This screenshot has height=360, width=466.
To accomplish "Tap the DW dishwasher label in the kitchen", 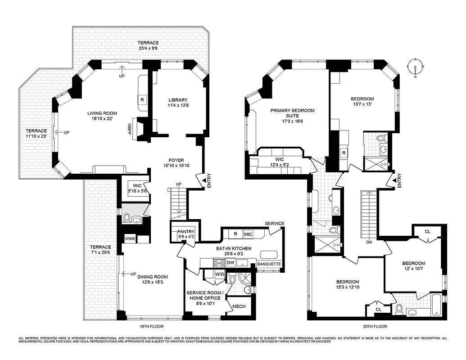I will (x=230, y=262).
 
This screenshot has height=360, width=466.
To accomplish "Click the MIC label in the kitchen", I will (x=248, y=234).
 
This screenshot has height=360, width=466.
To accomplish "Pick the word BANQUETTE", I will (x=269, y=264).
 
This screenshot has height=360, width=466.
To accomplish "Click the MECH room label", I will (x=238, y=306).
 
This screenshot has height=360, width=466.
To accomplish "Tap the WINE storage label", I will (x=130, y=239).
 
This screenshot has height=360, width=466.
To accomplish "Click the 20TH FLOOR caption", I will (x=374, y=326).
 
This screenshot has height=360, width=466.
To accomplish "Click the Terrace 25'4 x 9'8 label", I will (x=147, y=45).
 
